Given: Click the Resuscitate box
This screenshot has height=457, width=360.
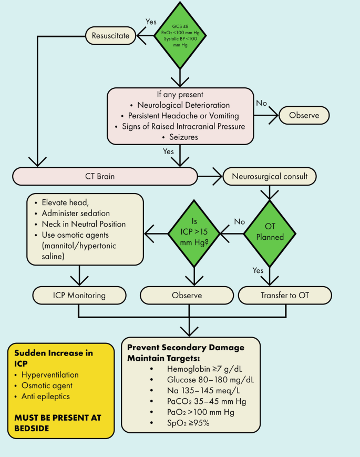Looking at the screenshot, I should click(110, 36).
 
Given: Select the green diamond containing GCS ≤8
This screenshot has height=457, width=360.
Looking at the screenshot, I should click(180, 36).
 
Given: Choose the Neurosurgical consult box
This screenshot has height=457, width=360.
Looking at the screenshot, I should click(269, 177).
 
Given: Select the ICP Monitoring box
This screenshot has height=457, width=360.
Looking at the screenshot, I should click(79, 295).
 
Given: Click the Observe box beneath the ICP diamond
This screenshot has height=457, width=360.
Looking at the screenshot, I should click(187, 295).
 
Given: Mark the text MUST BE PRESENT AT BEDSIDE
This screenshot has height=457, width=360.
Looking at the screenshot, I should click(57, 423).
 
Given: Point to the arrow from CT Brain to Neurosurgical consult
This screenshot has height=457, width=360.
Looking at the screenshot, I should click(210, 177).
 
